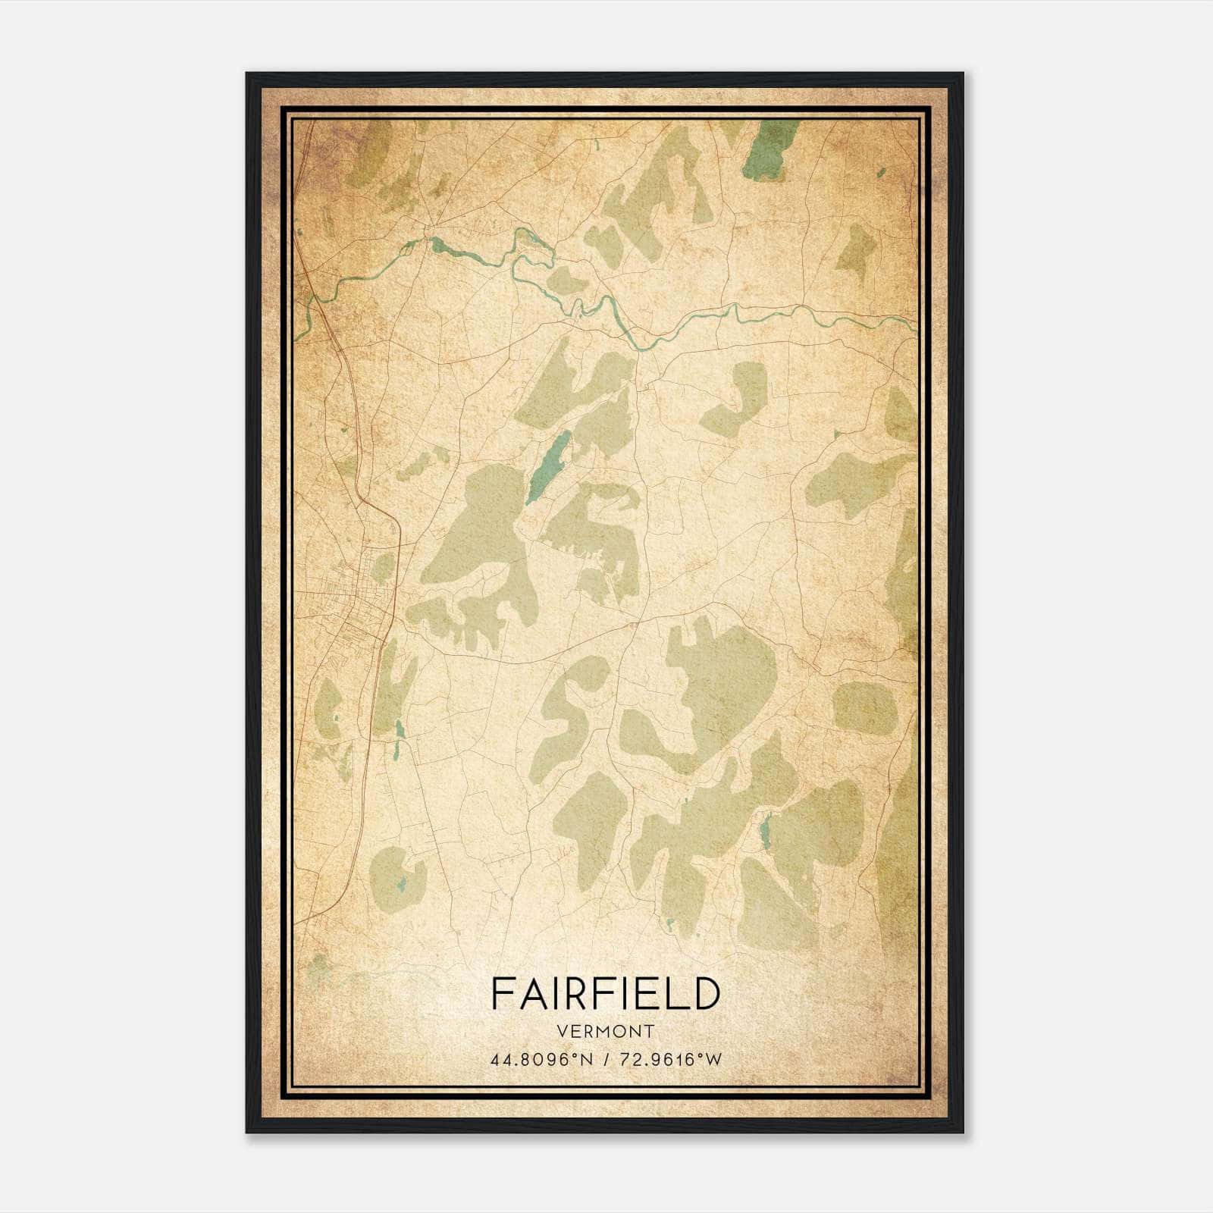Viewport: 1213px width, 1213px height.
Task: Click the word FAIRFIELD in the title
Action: pos(605,993)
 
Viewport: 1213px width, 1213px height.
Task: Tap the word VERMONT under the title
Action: pos(605,1031)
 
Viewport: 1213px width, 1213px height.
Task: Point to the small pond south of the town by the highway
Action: pos(400,729)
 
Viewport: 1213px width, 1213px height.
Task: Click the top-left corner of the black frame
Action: pos(248,74)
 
